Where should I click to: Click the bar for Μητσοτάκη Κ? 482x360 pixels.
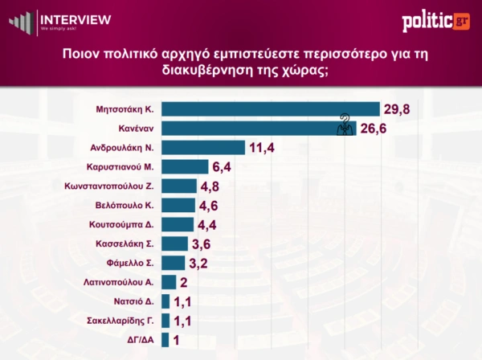pos(270,109)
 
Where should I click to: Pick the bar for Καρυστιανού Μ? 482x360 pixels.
pos(184,166)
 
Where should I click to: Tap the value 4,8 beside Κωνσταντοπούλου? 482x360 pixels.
pos(212,186)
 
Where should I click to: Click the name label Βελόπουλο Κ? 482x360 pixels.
pos(129,205)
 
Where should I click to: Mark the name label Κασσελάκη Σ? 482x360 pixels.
pos(129,243)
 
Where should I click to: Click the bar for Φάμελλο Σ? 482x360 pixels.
pos(174,263)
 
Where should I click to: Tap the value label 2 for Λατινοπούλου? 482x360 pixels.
pos(184,282)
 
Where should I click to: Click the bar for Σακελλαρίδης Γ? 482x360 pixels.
pos(165,321)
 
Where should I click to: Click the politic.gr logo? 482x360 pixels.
pos(435,21)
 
